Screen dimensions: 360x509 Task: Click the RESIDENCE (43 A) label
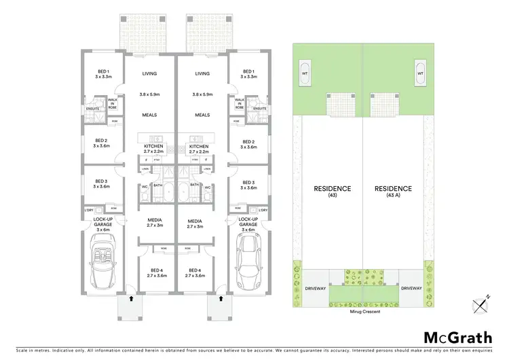(392, 192)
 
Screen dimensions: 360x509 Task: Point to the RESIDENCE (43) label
(332, 192)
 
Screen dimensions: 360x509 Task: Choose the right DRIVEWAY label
(412, 289)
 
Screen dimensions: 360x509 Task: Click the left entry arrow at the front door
(130, 297)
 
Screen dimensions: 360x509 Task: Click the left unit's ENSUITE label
(92, 109)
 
